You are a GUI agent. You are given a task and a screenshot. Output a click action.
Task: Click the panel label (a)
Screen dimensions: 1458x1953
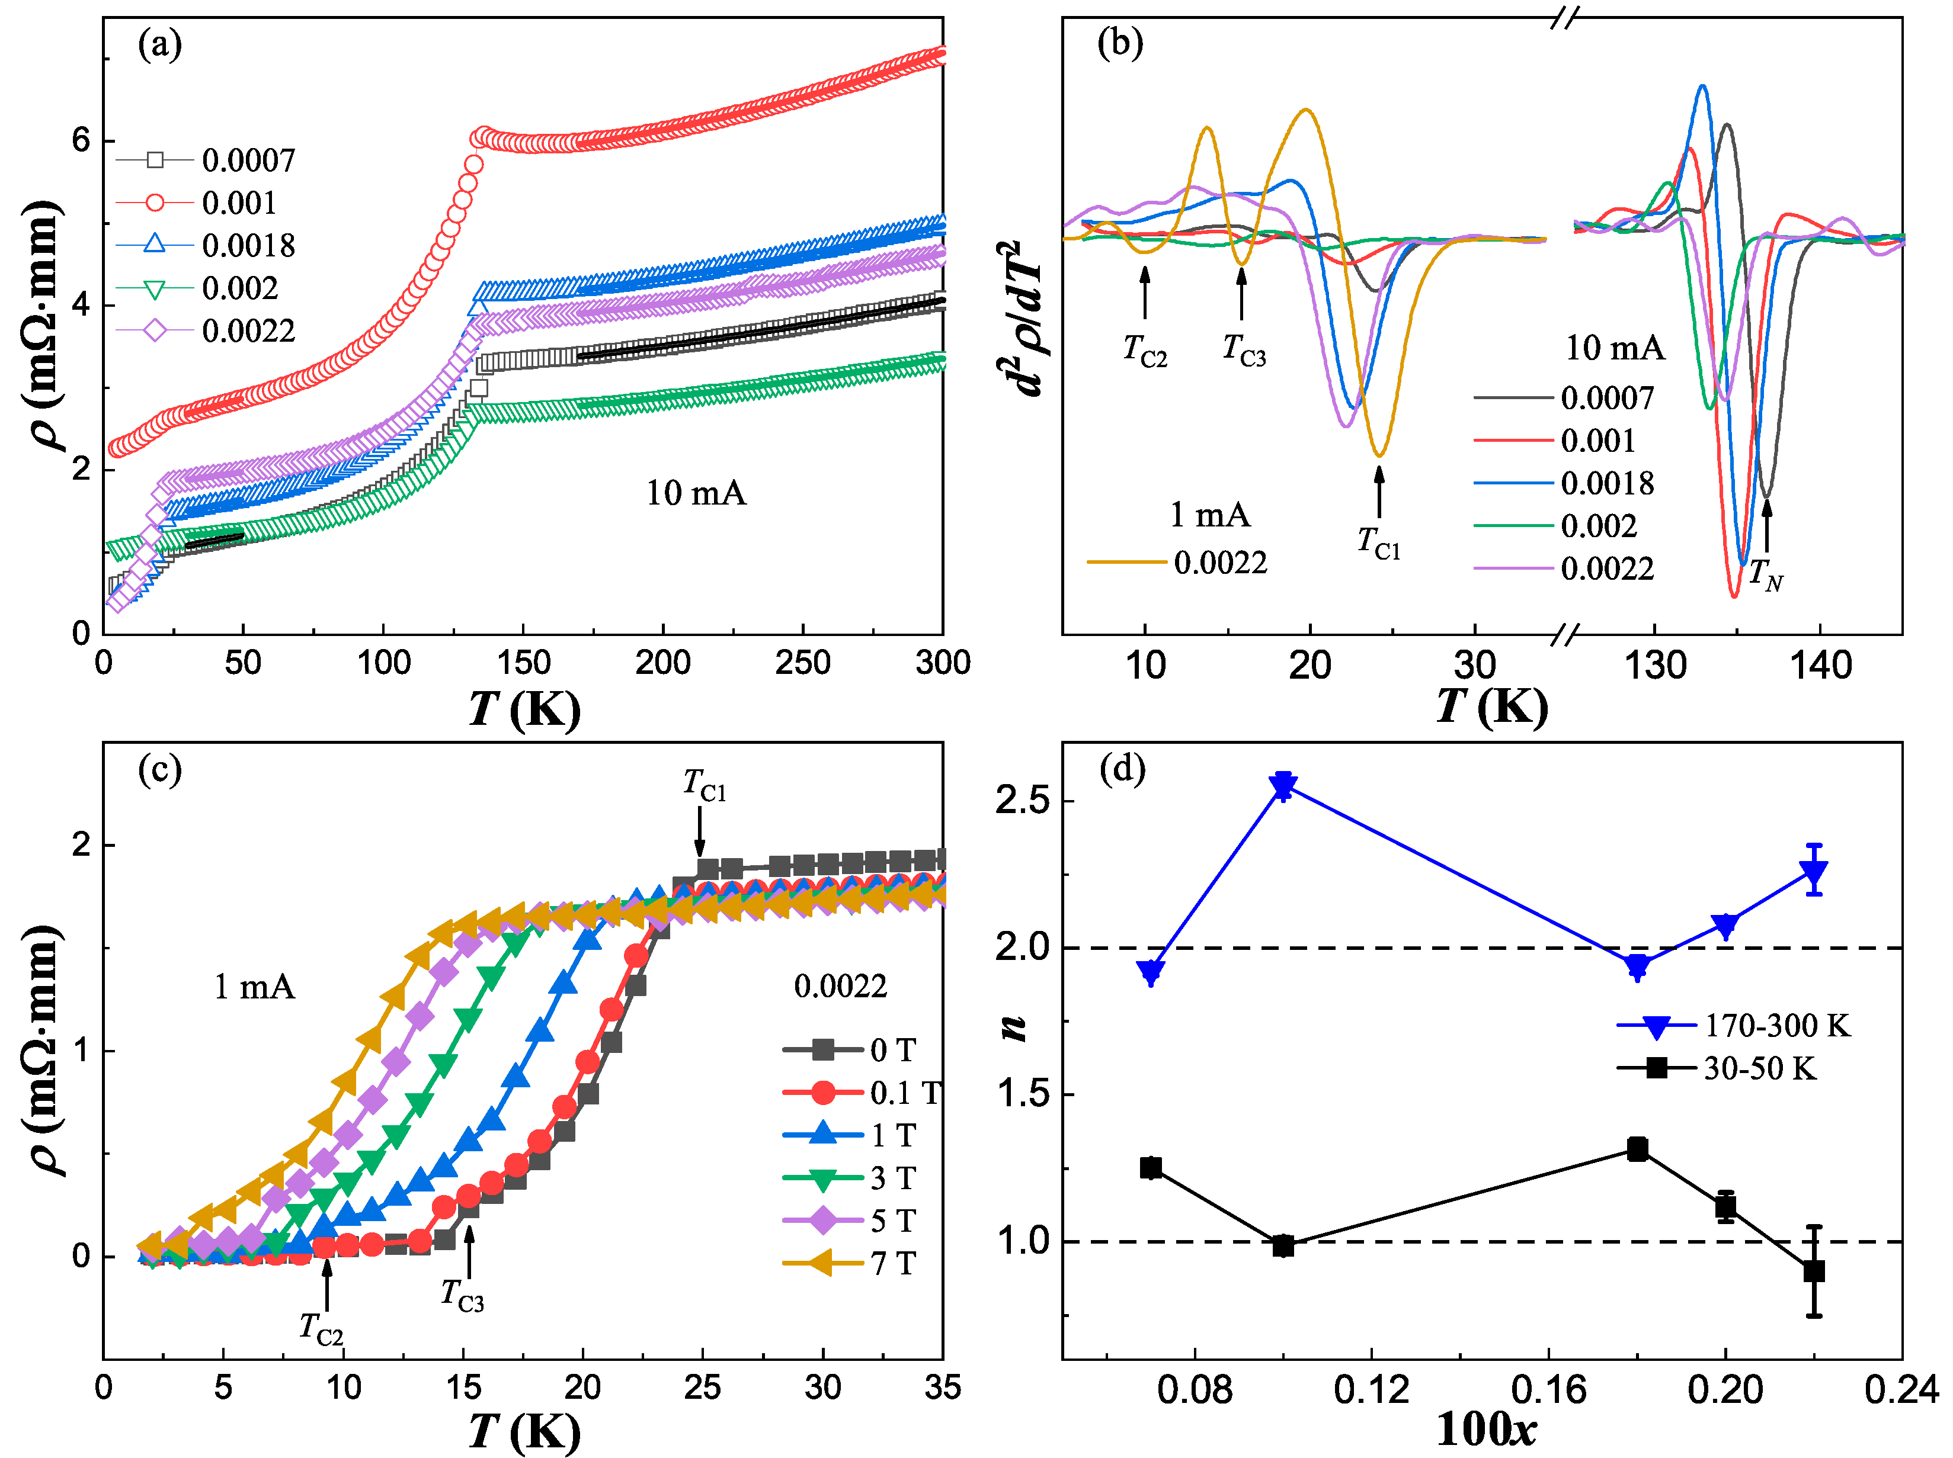[160, 44]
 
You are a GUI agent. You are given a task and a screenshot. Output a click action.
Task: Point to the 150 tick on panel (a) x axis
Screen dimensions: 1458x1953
[523, 663]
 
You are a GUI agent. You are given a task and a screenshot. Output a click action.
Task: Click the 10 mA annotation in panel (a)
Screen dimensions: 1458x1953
[696, 493]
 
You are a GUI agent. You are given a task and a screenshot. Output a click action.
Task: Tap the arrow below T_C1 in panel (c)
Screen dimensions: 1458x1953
[699, 831]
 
